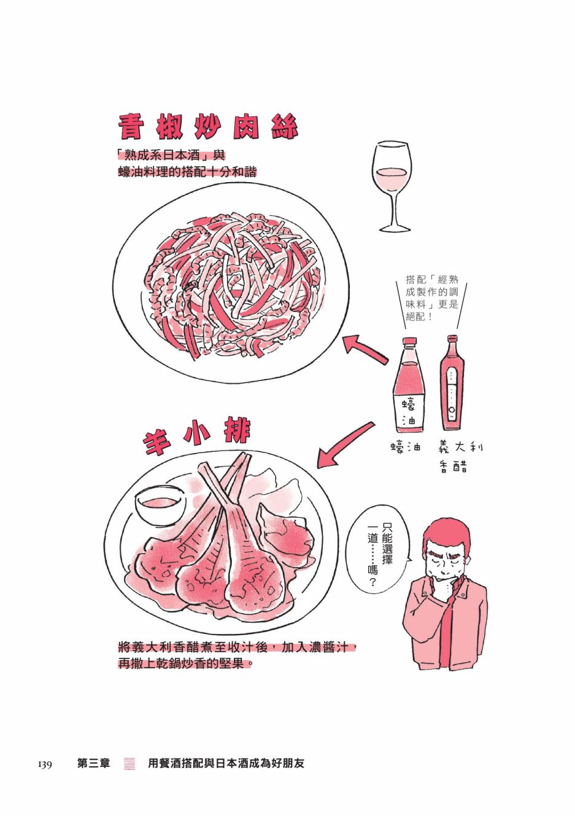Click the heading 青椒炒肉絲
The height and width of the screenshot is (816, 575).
pos(209,127)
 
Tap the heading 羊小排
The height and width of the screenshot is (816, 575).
pos(196,437)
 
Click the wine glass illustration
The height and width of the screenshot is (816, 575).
pos(392,187)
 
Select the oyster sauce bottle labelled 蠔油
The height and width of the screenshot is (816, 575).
pos(409,386)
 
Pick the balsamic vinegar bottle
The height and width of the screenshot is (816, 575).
pos(452,383)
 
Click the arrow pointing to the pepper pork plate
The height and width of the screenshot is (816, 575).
pos(365,349)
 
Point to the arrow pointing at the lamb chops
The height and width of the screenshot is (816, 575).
pos(345,445)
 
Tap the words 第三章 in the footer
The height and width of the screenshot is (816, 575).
pos(93,763)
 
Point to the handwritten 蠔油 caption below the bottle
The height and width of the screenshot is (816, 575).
pos(405,448)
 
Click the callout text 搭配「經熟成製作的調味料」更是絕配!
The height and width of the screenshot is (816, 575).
pos(432,298)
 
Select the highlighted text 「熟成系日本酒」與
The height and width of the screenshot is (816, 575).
pos(171,156)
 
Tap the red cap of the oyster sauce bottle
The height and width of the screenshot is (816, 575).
pos(409,341)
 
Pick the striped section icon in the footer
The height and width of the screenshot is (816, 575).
pos(129,764)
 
